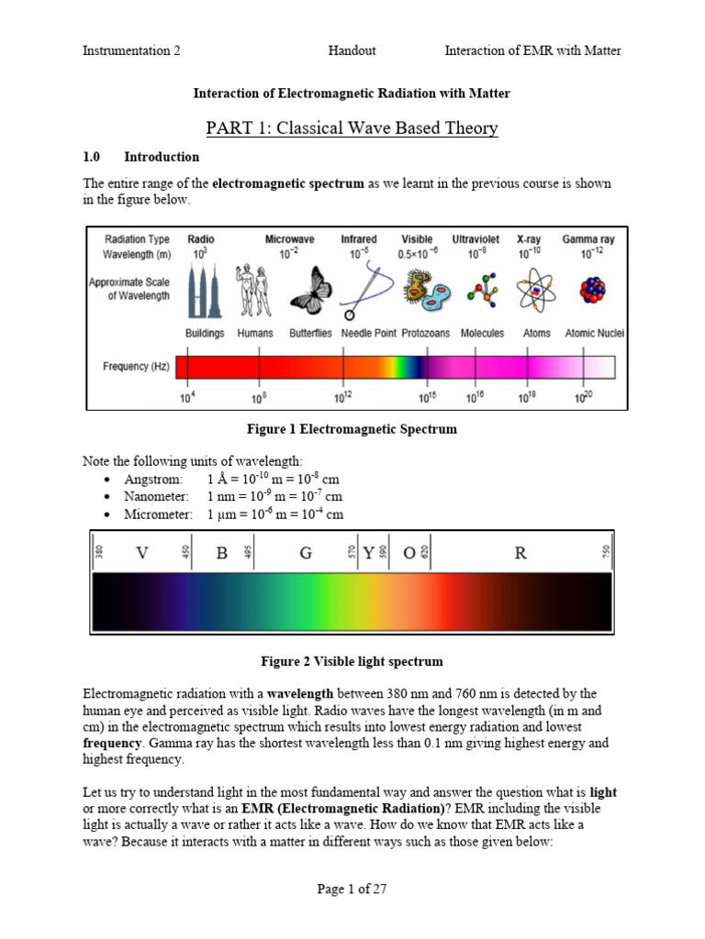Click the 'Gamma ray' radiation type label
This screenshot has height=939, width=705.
pyautogui.click(x=588, y=239)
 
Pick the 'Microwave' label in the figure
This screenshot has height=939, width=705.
pyautogui.click(x=289, y=239)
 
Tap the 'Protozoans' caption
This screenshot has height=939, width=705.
pyautogui.click(x=426, y=334)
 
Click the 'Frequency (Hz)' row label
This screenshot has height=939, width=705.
pyautogui.click(x=126, y=367)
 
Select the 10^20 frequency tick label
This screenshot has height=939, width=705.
pyautogui.click(x=583, y=398)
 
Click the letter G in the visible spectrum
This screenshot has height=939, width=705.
pyautogui.click(x=306, y=553)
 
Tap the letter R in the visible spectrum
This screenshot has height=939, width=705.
pyautogui.click(x=520, y=553)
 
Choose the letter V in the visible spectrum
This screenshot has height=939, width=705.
pyautogui.click(x=141, y=553)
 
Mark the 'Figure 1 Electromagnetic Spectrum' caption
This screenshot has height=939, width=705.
pyautogui.click(x=352, y=429)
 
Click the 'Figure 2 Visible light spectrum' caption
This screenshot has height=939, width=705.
pyautogui.click(x=352, y=661)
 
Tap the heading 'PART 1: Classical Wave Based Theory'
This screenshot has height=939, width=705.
pyautogui.click(x=352, y=127)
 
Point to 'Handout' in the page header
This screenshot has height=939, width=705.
pyautogui.click(x=352, y=50)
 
